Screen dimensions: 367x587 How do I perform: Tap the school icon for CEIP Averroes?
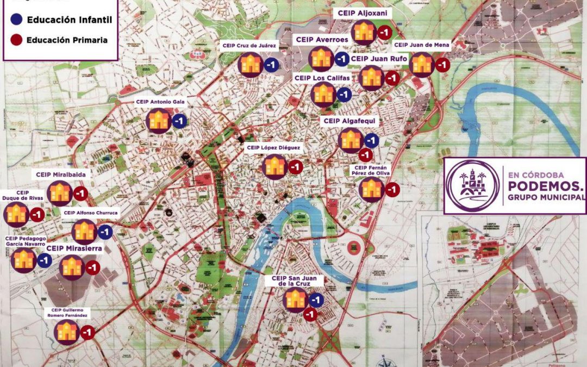(x=321, y=59)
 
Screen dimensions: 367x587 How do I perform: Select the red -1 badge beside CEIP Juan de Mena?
(x=442, y=65)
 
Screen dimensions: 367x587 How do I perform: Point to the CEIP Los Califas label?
(x=323, y=78)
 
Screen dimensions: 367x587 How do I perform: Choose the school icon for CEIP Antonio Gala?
(x=159, y=121)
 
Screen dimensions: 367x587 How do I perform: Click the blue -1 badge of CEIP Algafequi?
(x=371, y=140)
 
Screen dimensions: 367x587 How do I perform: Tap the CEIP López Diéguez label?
(x=273, y=147)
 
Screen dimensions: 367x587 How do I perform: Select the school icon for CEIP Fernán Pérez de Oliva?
(x=372, y=189)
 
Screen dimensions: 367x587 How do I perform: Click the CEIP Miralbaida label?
(x=61, y=175)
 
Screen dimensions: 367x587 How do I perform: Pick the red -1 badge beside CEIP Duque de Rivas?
(x=37, y=215)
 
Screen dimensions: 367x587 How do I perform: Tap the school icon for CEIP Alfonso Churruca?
(x=85, y=232)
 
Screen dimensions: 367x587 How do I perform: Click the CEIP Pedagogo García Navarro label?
(x=26, y=241)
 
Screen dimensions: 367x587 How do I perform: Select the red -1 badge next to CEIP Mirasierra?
(x=92, y=268)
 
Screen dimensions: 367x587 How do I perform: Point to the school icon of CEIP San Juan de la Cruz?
(x=296, y=300)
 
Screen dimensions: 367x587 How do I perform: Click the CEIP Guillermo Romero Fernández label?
(x=68, y=313)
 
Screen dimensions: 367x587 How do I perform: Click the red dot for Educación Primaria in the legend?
(x=16, y=40)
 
